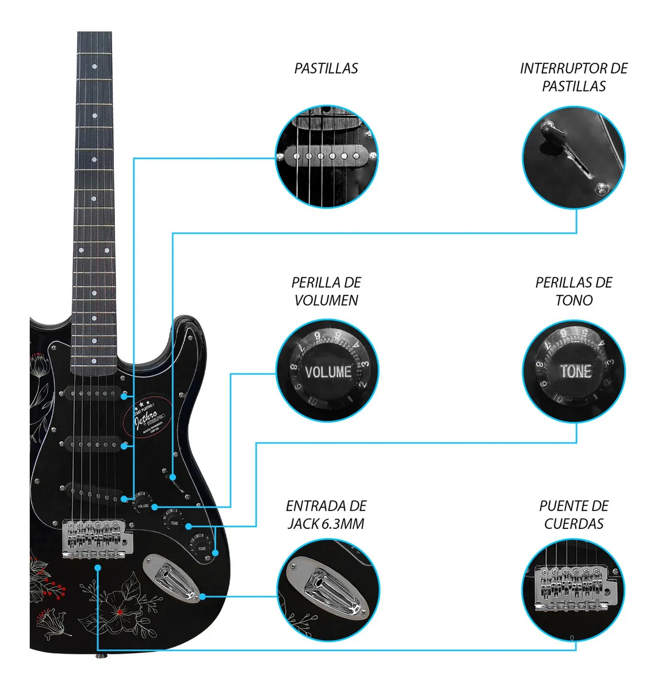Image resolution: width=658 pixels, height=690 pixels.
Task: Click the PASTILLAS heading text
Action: click(326, 68)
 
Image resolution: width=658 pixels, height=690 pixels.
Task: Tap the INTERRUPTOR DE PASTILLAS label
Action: click(573, 77)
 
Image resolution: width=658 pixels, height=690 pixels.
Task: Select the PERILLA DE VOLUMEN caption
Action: click(326, 291)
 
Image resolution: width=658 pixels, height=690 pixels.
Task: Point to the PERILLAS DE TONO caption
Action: click(573, 291)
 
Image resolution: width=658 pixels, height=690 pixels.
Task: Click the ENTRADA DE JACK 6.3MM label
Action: click(326, 515)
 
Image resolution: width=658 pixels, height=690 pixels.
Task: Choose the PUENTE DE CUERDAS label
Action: click(573, 515)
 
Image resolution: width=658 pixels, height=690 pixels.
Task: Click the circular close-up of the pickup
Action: click(327, 156)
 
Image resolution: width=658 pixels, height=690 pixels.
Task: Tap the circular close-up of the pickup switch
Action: click(573, 156)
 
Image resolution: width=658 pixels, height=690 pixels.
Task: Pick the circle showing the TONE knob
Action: click(573, 371)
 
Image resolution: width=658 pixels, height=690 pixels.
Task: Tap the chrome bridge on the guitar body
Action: click(97, 539)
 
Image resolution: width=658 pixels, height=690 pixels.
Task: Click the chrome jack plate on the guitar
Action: click(171, 577)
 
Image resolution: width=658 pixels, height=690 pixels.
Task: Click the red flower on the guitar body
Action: click(118, 611)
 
